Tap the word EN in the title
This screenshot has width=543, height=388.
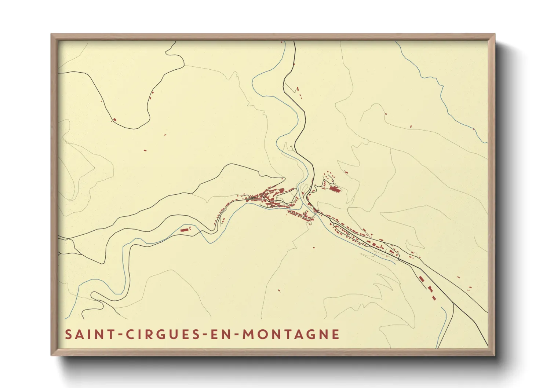219,334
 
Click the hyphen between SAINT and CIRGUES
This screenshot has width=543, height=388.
119,335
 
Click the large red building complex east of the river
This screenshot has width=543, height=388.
335,189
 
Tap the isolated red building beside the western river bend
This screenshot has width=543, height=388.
184,230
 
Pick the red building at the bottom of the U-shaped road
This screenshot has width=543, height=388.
114,119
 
